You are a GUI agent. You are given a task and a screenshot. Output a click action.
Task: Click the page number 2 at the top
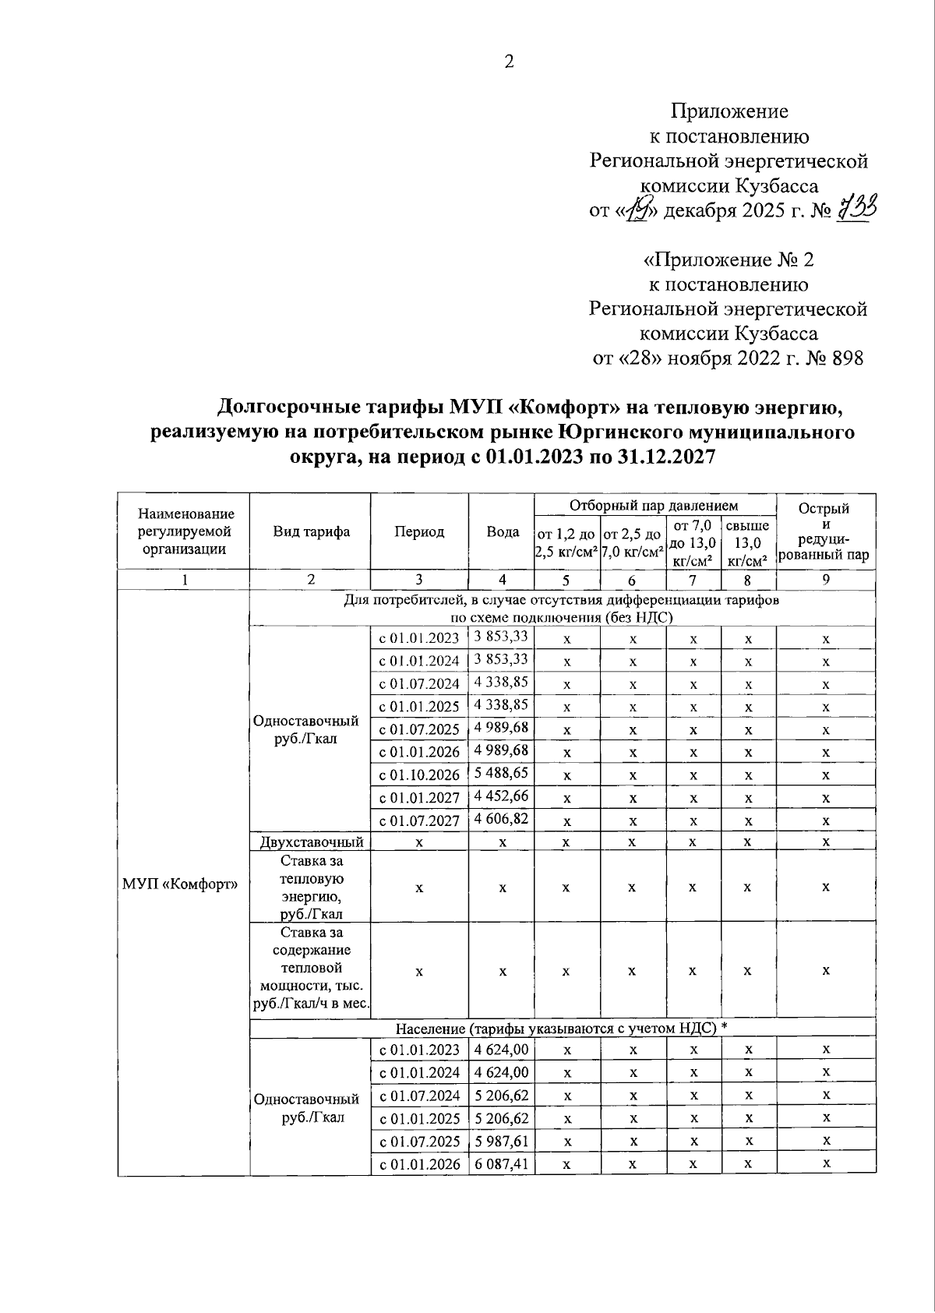509,62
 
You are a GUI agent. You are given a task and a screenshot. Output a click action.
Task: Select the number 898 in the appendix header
848,358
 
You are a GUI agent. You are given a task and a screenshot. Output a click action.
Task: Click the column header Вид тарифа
311,531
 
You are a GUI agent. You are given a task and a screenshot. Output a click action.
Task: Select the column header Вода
503,531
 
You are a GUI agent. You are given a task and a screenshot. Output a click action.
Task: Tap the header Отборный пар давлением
654,505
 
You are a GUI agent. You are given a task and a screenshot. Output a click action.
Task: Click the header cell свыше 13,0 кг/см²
747,543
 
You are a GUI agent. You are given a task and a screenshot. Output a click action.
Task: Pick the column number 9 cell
826,579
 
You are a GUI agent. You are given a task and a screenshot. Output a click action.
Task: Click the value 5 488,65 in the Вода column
501,774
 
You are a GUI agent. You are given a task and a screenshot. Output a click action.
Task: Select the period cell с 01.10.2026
419,775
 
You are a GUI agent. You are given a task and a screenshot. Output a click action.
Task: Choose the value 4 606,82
501,819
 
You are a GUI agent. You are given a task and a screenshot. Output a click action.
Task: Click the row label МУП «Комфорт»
180,884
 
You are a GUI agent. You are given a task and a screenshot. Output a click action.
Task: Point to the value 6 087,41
501,1164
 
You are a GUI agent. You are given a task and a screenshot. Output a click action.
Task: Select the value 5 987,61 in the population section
501,1141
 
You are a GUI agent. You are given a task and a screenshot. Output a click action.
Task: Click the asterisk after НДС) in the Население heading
725,1027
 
